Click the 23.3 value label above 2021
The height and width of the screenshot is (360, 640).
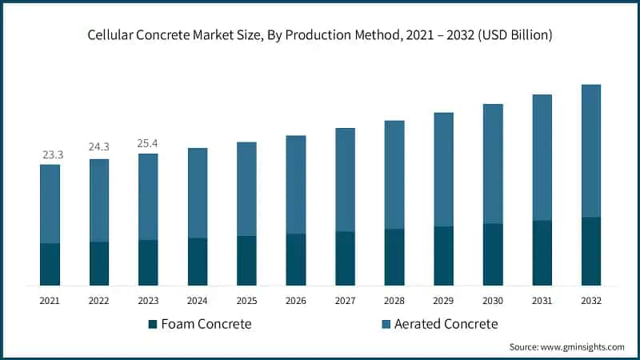pos(50,154)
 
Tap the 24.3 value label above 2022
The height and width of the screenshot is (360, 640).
pos(99,148)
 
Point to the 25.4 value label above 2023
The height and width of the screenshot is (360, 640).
pos(148,143)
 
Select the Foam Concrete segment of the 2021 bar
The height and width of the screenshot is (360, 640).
pos(50,264)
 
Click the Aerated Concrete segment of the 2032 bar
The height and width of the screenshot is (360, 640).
pos(590,150)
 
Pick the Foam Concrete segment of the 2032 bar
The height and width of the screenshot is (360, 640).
pos(590,251)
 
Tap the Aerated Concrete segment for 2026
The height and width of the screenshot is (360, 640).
pos(296,184)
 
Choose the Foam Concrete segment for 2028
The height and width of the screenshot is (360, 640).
pos(394,257)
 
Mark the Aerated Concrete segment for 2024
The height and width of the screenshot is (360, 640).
pos(198,193)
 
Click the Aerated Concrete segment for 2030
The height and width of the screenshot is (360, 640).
pos(493,163)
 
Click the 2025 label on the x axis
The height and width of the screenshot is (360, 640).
pos(246,300)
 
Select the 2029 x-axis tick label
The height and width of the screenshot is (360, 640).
pos(443,300)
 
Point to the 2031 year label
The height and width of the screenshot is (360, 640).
pos(542,300)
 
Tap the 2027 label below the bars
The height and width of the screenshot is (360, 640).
pos(345,300)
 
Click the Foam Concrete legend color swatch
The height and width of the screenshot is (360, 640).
pos(152,324)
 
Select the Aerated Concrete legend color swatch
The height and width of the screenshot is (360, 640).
pos(386,324)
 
